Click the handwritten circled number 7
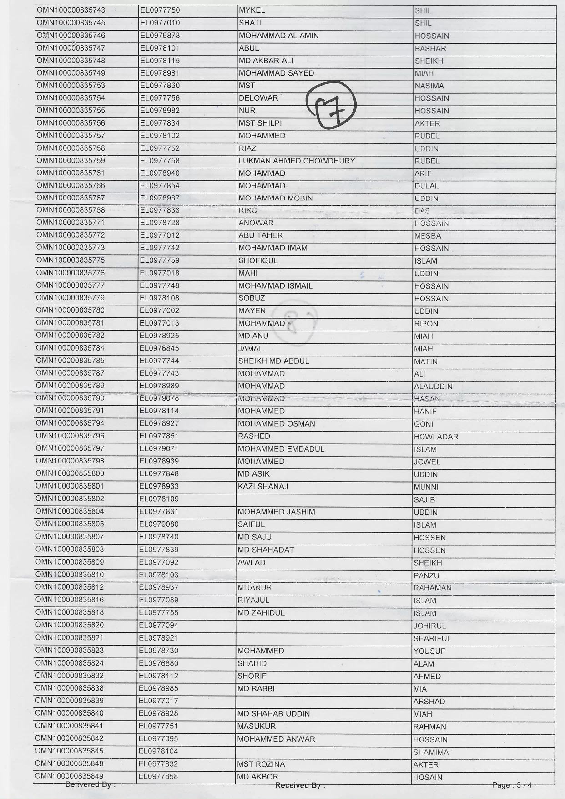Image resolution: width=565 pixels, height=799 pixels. coord(331,105)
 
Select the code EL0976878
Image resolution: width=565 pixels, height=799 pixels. coord(160,36)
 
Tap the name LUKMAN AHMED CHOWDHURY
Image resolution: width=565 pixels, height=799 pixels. coord(297,161)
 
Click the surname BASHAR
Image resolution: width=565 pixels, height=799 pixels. coord(430,48)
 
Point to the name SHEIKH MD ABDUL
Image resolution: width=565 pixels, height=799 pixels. coord(273,361)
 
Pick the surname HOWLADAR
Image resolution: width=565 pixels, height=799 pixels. coord(436,437)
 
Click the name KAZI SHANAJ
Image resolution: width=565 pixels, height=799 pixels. coord(262,487)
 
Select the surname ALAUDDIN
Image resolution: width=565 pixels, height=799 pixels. coord(433,387)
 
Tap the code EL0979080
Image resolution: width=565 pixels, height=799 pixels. coord(159,524)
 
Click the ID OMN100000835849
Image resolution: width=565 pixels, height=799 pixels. coord(69,776)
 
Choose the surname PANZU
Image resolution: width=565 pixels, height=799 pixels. coord(426,575)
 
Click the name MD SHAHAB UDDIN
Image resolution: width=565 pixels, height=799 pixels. coord(273,714)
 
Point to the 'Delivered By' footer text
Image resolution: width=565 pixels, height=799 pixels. coord(90,784)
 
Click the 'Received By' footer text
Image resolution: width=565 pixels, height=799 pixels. coord(300,785)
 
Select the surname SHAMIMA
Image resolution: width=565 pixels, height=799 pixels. coord(431,752)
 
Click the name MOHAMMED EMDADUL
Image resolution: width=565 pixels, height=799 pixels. coord(281,449)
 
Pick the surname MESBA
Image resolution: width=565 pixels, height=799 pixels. coord(427,236)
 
